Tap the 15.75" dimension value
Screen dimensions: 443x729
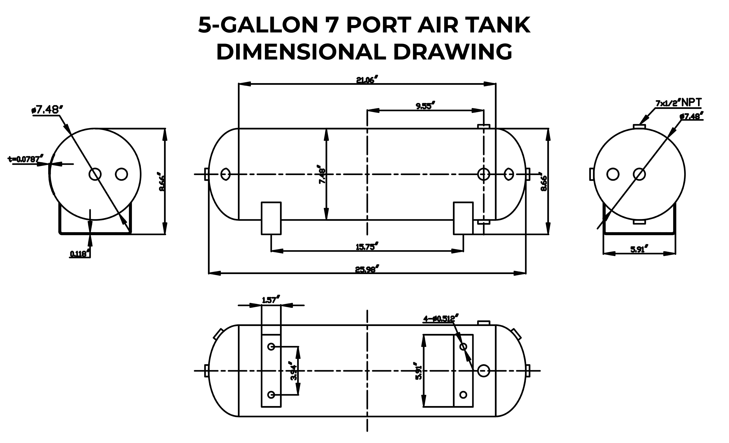[367, 247]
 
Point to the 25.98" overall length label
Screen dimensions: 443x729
[367, 270]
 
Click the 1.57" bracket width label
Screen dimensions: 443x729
[271, 300]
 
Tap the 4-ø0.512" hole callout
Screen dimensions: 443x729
[440, 319]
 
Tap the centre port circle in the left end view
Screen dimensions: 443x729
[95, 174]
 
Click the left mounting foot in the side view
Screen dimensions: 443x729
[271, 218]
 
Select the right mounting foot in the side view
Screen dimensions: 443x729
[463, 218]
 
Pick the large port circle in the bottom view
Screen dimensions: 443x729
[483, 371]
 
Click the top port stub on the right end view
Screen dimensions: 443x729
[639, 126]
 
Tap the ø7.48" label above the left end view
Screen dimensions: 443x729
[47, 110]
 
